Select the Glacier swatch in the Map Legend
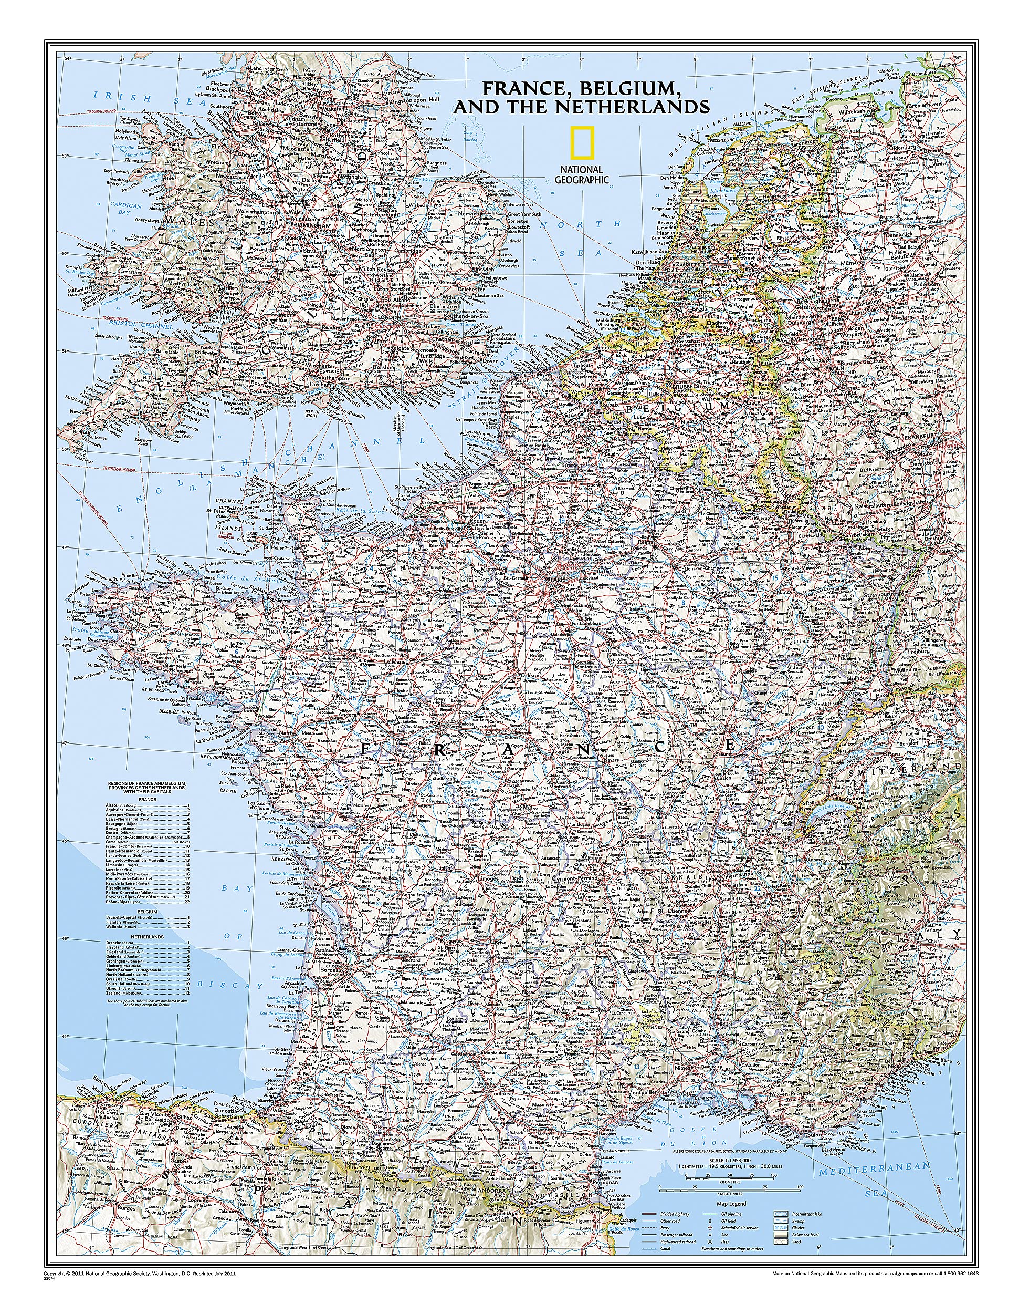781,1228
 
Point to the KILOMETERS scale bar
730,1179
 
